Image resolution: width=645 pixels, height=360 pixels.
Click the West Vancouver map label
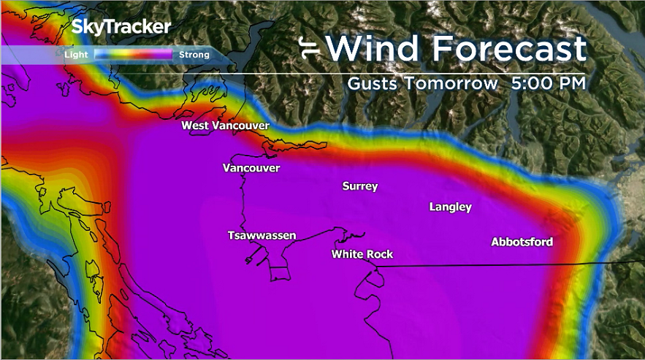(225, 126)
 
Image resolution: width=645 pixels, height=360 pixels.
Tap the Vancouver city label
(251, 168)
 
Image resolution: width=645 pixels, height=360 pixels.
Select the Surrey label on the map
(360, 186)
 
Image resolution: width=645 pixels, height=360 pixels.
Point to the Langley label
(450, 207)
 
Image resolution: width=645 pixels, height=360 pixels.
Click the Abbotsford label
(522, 242)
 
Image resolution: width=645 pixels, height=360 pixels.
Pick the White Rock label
(362, 254)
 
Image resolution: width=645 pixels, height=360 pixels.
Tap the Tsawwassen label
(262, 235)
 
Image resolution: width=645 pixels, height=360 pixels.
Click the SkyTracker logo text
(121, 27)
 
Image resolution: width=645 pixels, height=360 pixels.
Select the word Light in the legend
(76, 54)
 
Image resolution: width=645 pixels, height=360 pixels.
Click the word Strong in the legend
(194, 54)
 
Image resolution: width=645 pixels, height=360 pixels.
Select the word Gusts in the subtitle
(372, 83)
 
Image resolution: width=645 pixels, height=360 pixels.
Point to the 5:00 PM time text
(549, 83)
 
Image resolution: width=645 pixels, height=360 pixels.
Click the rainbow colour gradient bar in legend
(133, 54)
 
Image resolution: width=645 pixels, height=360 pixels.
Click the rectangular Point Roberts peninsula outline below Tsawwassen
(280, 275)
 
